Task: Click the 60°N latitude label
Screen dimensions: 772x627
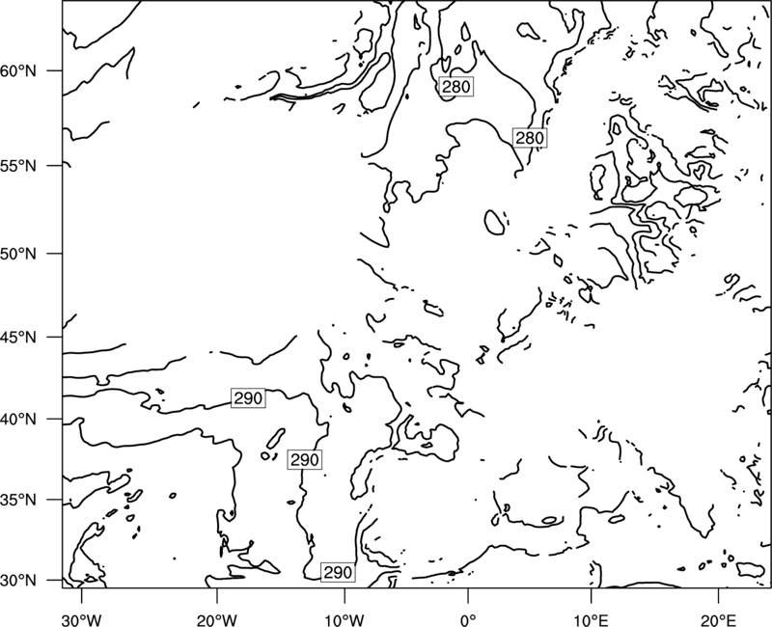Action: tap(18, 70)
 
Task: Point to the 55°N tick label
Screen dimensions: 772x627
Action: tap(18, 166)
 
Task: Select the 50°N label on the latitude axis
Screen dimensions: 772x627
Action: tap(18, 254)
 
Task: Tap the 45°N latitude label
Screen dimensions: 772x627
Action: tap(18, 337)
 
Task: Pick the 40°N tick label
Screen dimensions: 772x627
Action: tap(18, 419)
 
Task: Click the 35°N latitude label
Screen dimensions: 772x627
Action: tap(18, 500)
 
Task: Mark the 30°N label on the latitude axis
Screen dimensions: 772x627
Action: tap(18, 581)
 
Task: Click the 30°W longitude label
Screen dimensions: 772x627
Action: tap(81, 619)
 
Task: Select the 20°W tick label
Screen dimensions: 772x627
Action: tap(216, 619)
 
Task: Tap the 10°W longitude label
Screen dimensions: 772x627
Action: tap(345, 619)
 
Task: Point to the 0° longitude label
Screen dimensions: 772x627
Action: tap(468, 619)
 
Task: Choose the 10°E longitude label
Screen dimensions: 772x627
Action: tap(591, 619)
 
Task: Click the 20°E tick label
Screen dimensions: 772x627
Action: tap(718, 619)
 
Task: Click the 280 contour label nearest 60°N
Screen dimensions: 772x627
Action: tap(455, 87)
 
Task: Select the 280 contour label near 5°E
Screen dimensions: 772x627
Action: tap(530, 138)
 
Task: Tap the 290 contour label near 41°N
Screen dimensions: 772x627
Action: tap(248, 397)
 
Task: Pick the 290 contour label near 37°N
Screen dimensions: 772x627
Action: tap(305, 460)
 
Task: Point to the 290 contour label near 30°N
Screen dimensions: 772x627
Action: tap(339, 572)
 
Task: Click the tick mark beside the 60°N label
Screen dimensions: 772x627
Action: tap(54, 70)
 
